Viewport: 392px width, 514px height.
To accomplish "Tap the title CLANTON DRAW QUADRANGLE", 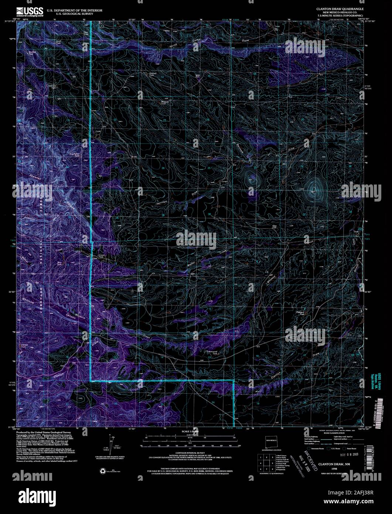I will coord(339,8).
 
